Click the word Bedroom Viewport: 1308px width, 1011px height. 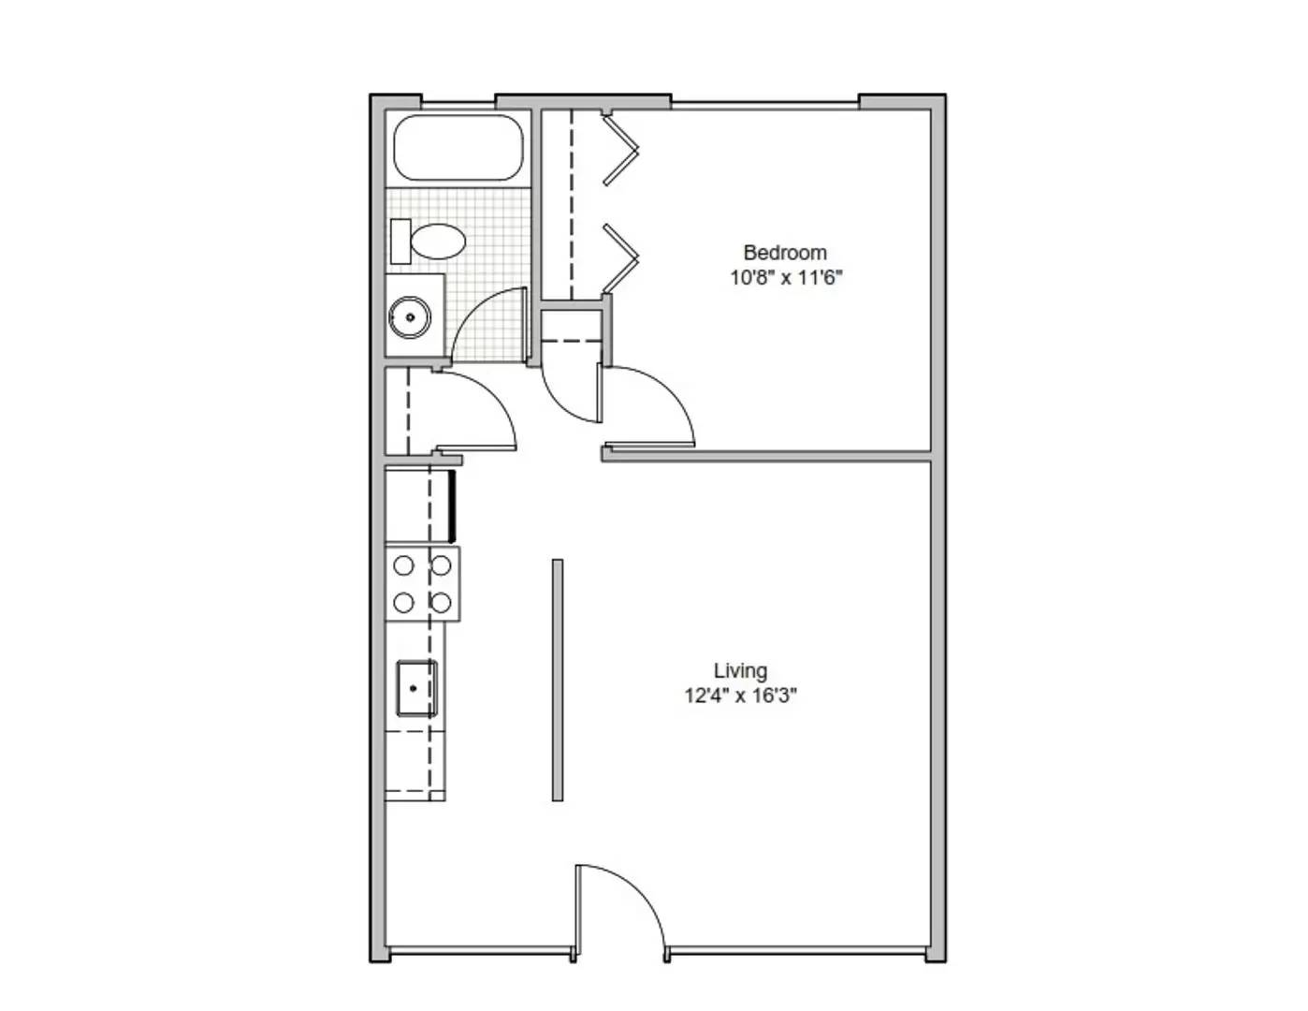point(784,253)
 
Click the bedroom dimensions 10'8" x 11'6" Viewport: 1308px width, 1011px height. point(784,278)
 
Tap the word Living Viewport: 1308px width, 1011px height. point(740,671)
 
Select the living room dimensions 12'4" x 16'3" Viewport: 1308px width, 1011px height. point(740,696)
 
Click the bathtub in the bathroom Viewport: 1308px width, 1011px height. point(458,147)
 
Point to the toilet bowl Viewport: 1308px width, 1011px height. point(439,242)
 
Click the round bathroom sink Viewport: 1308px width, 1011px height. point(409,317)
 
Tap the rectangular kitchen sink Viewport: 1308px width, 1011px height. point(415,689)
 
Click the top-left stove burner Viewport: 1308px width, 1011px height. point(404,565)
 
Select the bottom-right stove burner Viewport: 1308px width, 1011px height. point(441,602)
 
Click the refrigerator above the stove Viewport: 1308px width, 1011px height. point(418,506)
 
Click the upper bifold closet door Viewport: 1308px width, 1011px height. point(620,149)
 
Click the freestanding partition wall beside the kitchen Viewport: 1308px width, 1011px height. point(558,680)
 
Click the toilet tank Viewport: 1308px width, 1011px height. point(400,242)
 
